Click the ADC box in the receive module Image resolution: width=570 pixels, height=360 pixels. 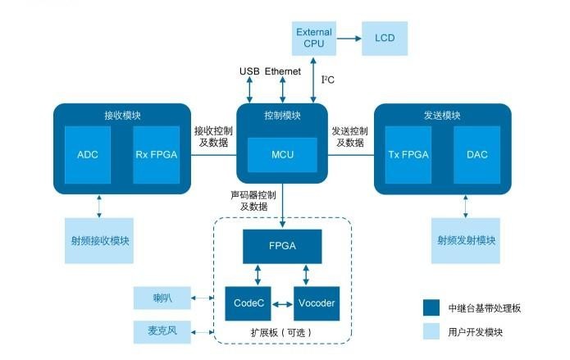pyautogui.click(x=88, y=154)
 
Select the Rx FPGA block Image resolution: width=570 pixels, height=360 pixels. pyautogui.click(x=156, y=154)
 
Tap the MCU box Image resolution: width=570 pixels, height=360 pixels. pyautogui.click(x=282, y=154)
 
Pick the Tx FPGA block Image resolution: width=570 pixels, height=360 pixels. pyautogui.click(x=408, y=154)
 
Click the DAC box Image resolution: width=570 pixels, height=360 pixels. pyautogui.click(x=477, y=154)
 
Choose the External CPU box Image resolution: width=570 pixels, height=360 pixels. pyautogui.click(x=314, y=39)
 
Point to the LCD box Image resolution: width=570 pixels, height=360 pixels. pyautogui.click(x=385, y=39)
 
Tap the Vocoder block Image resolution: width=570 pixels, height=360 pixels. pyautogui.click(x=316, y=303)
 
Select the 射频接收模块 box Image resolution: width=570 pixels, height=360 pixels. pyautogui.click(x=99, y=240)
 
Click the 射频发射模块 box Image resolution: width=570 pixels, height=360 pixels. pyautogui.click(x=465, y=240)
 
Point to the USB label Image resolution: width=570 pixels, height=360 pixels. pyautogui.click(x=249, y=72)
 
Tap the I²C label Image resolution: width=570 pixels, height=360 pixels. pyautogui.click(x=327, y=80)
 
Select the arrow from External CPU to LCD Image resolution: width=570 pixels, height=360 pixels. pyautogui.click(x=349, y=39)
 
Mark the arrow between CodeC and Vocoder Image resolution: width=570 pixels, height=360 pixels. pyautogui.click(x=281, y=304)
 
